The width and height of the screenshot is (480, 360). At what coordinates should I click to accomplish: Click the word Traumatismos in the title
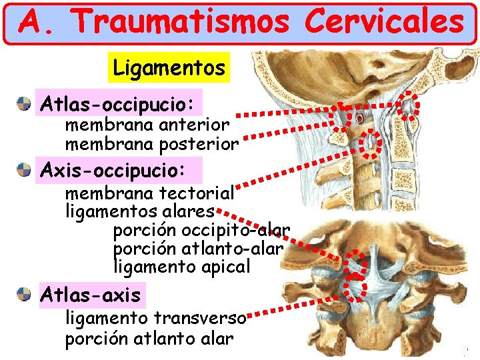tap(182, 22)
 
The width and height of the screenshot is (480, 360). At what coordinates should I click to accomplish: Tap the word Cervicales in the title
tap(383, 22)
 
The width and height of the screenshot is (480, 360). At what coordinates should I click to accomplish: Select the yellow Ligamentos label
tap(169, 67)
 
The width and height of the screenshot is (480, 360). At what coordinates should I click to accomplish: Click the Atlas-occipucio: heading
tap(118, 104)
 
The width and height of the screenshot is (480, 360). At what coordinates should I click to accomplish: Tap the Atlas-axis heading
tap(91, 294)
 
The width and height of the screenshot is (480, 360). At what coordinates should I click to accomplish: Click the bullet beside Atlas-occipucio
tap(25, 104)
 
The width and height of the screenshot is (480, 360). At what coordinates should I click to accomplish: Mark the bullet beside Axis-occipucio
tap(25, 170)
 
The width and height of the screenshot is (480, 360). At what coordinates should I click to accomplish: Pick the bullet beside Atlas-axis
tap(25, 294)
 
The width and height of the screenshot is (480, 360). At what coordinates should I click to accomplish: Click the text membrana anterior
tap(147, 125)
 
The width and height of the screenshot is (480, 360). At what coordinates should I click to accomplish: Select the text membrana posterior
tap(151, 143)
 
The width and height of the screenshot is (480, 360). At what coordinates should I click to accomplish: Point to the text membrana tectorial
tap(150, 194)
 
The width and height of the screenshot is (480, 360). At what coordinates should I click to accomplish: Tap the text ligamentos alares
tap(140, 212)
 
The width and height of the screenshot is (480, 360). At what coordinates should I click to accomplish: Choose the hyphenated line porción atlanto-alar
tap(199, 249)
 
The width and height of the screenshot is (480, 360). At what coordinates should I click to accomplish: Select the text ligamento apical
tap(183, 267)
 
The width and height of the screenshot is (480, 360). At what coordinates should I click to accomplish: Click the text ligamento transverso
tap(155, 318)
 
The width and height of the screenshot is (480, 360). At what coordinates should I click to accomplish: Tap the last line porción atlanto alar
tap(149, 338)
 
